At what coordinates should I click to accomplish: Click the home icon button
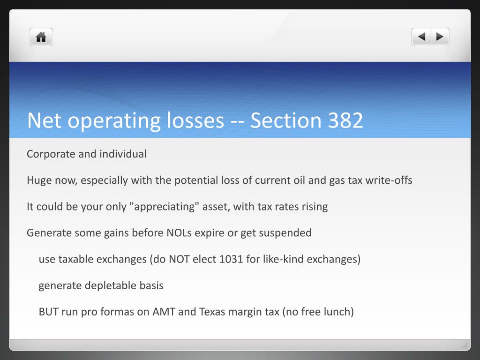point(41,37)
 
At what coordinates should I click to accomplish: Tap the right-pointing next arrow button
point(440,37)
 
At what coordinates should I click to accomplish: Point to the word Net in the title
point(44,120)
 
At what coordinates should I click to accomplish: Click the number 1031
point(231,259)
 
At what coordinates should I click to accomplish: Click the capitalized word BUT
point(49,312)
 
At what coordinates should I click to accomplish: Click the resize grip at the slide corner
point(465,345)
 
